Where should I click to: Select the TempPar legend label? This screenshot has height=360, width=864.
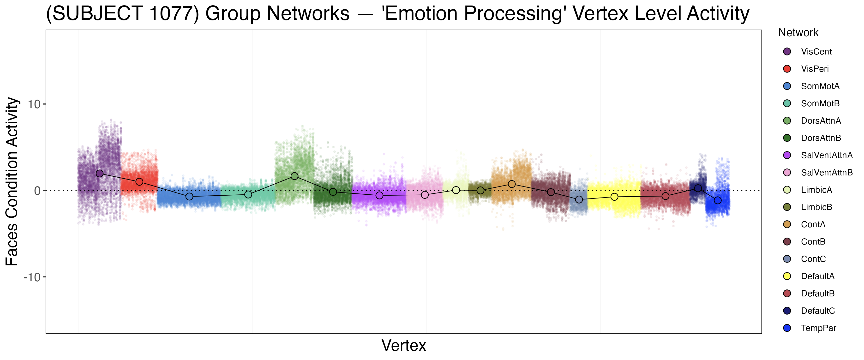click(x=818, y=328)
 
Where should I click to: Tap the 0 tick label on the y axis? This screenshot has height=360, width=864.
click(x=37, y=191)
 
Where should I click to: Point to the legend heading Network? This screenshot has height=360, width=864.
click(x=798, y=33)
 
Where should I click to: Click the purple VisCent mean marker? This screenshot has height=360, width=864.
click(x=100, y=174)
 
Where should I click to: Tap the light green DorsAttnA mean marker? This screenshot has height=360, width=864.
click(x=294, y=176)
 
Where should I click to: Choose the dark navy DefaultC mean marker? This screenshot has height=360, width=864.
click(x=698, y=188)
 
